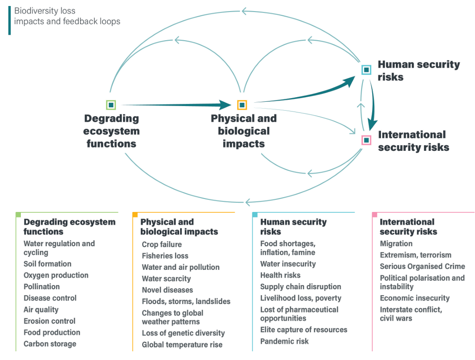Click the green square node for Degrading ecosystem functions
coord(111,105)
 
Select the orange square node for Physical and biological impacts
coord(242,105)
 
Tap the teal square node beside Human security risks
coord(366,70)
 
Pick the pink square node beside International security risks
coord(366,140)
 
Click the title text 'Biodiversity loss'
coord(45,11)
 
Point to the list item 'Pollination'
coord(42,286)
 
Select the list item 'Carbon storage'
coord(50,344)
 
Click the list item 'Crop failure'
coord(162,244)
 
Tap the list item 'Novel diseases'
coord(167,290)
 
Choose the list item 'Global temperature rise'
coord(182,344)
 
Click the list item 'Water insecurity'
coord(288,264)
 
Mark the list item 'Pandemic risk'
coord(284,341)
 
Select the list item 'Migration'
coord(396,243)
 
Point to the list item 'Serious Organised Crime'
coord(422,266)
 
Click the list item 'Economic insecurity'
coord(414,298)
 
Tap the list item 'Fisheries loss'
coord(165,255)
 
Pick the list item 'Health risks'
coord(280,275)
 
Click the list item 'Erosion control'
coord(50,321)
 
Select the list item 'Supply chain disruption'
coord(300,286)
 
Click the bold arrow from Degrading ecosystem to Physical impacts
coord(176,105)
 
